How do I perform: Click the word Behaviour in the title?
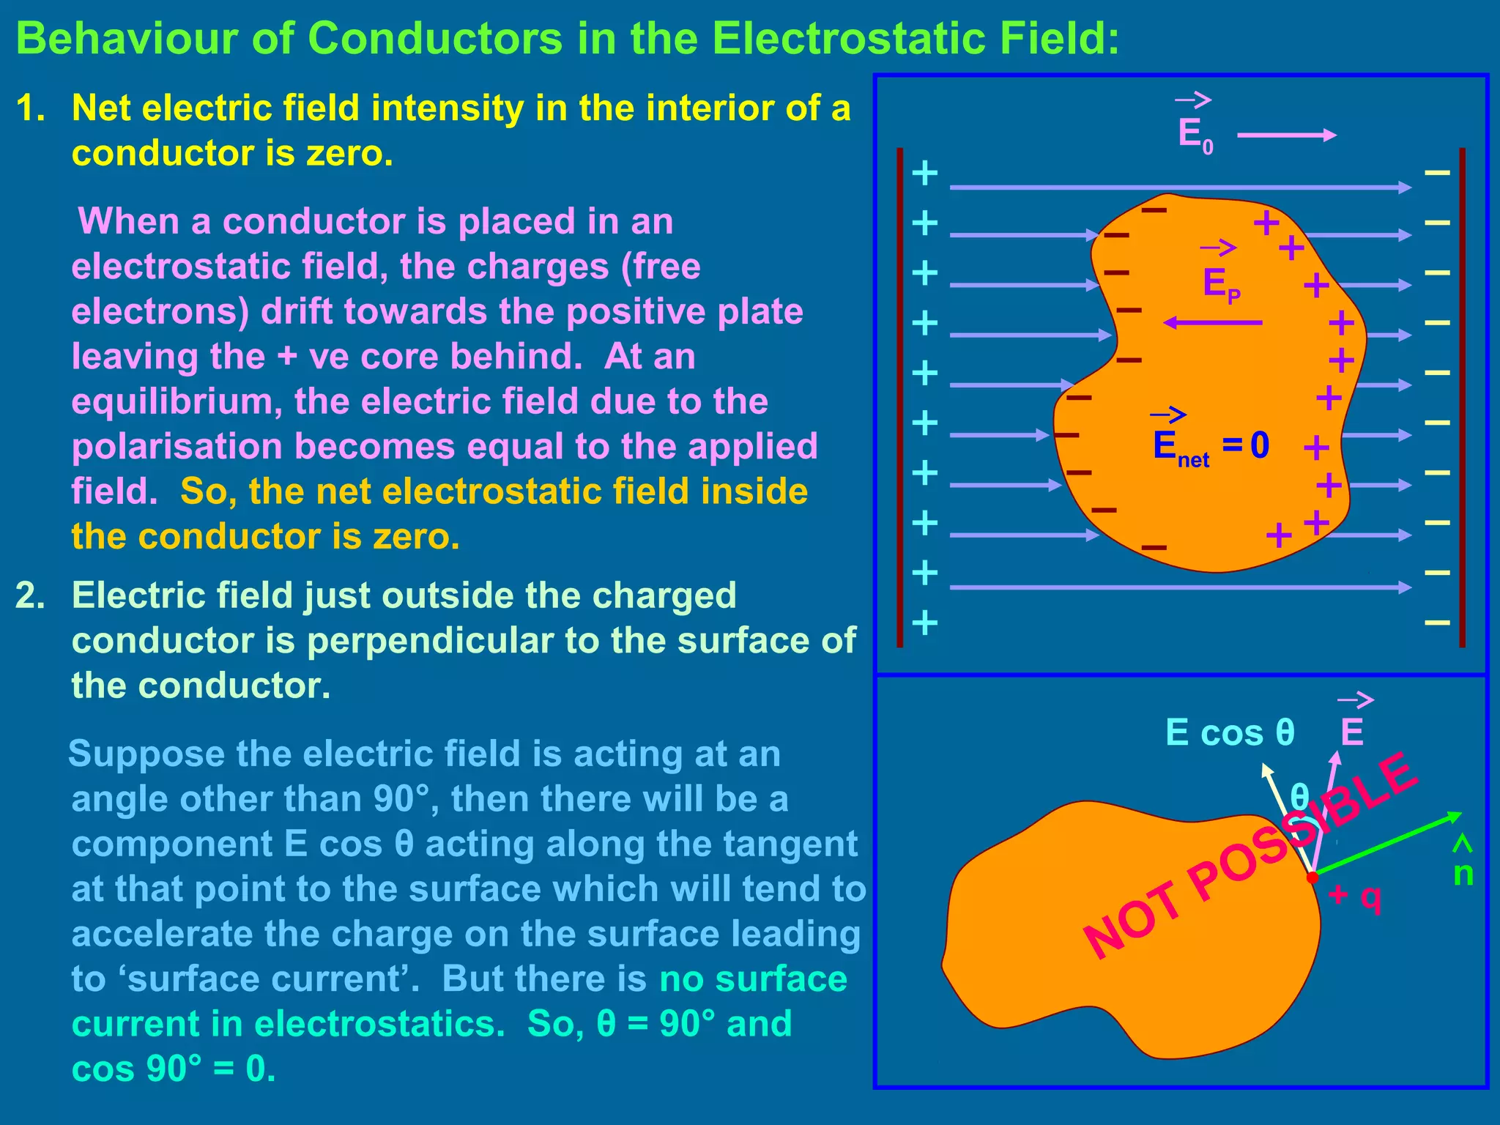click(x=125, y=38)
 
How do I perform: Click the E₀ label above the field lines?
click(x=1195, y=135)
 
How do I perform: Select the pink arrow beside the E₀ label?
click(x=1286, y=135)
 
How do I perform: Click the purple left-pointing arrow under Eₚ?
click(x=1213, y=322)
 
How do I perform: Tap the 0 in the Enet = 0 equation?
click(x=1260, y=445)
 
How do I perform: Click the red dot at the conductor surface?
click(x=1312, y=877)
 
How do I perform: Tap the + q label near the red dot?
click(x=1355, y=895)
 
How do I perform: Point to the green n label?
click(x=1463, y=874)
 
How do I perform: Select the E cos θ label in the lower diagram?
click(x=1230, y=732)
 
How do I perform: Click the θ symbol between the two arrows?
click(x=1299, y=796)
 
